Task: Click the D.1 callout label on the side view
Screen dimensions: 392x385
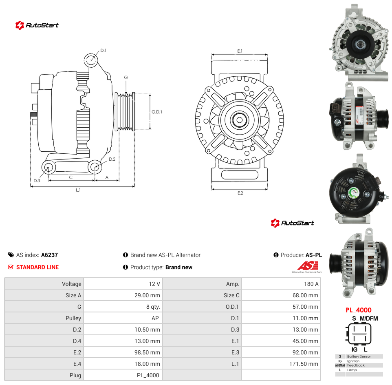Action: pyautogui.click(x=103, y=51)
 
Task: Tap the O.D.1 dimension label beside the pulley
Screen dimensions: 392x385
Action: pyautogui.click(x=157, y=112)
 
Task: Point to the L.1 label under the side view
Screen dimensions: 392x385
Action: pyautogui.click(x=78, y=190)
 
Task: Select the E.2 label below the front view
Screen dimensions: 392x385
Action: pyautogui.click(x=240, y=193)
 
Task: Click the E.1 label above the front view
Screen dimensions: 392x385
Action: pyautogui.click(x=240, y=51)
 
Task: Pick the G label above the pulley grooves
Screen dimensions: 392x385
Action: pyautogui.click(x=126, y=77)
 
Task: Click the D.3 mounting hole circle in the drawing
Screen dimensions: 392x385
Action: pyautogui.click(x=48, y=167)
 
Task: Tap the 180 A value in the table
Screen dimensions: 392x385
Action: pyautogui.click(x=311, y=284)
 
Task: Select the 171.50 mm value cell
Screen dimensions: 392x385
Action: pyautogui.click(x=304, y=364)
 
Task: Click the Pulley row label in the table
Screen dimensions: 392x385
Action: pyautogui.click(x=73, y=318)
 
